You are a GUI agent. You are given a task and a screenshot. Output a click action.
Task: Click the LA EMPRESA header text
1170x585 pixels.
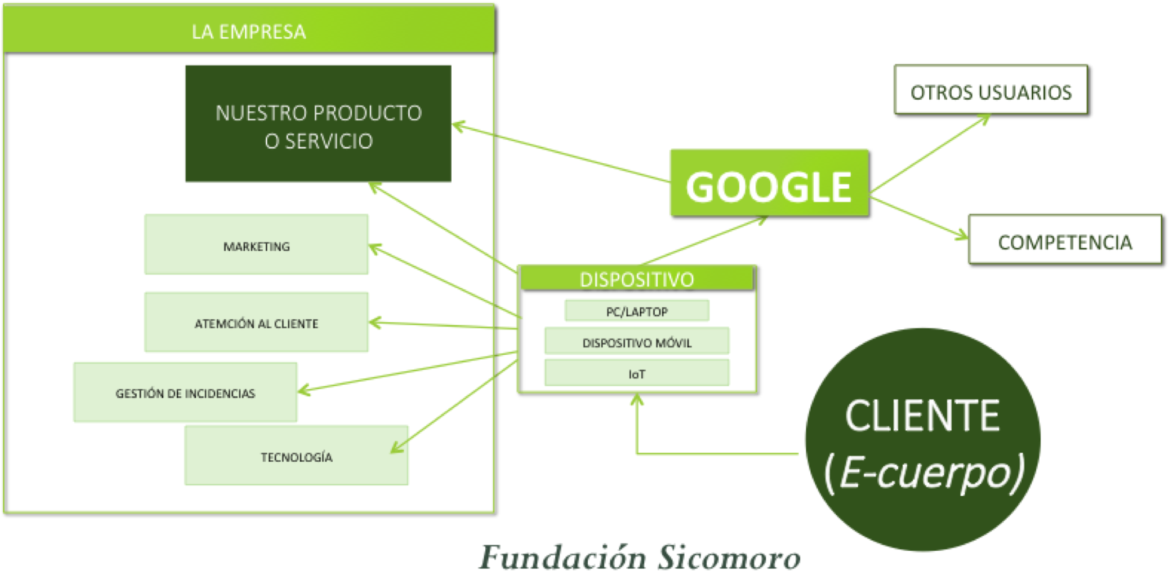[x=249, y=32]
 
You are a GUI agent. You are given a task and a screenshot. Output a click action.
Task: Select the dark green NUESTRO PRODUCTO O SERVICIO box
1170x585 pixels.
[x=318, y=124]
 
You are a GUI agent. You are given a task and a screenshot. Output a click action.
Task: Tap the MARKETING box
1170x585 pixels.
[x=256, y=245]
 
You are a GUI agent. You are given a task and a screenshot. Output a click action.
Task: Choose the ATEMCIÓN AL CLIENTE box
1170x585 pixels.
[x=256, y=322]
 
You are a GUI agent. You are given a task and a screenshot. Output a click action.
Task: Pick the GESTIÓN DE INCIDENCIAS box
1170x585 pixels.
[x=185, y=393]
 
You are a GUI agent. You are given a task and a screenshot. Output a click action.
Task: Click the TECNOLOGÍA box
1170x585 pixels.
[x=296, y=456]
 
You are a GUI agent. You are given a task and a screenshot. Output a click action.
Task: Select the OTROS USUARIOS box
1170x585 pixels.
[x=990, y=90]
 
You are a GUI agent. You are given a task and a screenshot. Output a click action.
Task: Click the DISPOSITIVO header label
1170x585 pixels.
[x=636, y=279]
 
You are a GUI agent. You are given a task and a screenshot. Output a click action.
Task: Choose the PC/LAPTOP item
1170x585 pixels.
[x=636, y=311]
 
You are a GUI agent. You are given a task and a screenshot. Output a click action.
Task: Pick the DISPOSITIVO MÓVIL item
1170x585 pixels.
[x=636, y=342]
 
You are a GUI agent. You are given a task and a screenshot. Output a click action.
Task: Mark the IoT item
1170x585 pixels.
[x=636, y=373]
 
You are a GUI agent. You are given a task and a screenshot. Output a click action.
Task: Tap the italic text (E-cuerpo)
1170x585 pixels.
[x=924, y=472]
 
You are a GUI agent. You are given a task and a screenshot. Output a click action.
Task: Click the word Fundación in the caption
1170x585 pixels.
[x=562, y=557]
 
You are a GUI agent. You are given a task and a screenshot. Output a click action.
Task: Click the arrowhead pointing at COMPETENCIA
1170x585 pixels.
[x=963, y=236]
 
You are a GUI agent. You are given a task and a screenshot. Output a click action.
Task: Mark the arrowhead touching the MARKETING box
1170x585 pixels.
[x=373, y=248]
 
